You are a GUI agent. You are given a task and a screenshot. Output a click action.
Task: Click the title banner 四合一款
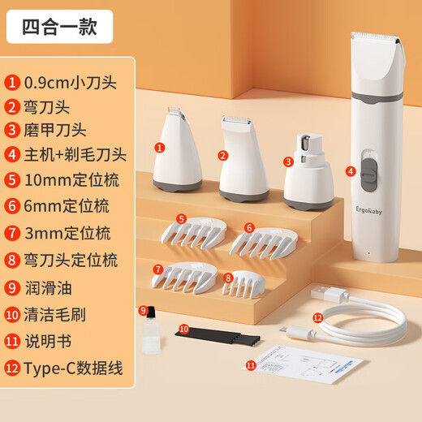tap(59, 27)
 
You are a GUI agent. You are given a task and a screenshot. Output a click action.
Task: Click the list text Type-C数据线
tap(74, 368)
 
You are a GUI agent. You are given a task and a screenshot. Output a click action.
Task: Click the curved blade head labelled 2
tap(244, 158)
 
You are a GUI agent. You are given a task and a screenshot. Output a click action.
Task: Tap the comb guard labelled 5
tap(194, 233)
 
